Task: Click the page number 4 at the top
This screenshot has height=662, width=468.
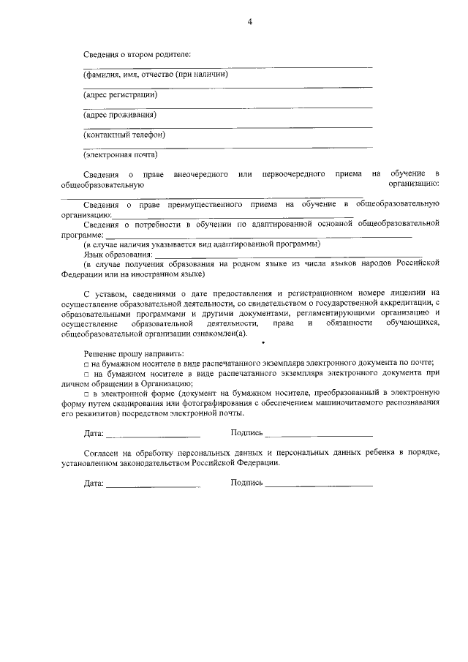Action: (x=249, y=22)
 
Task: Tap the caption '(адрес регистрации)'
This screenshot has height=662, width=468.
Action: (x=120, y=94)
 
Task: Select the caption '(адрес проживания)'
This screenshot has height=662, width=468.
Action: (x=119, y=114)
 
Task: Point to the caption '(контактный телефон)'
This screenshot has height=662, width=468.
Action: (x=124, y=135)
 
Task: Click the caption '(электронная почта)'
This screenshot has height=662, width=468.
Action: (x=121, y=154)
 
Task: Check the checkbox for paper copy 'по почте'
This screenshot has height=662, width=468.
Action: (x=86, y=364)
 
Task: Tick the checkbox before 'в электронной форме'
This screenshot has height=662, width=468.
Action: (x=86, y=393)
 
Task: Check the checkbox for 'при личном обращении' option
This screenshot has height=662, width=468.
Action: (x=86, y=373)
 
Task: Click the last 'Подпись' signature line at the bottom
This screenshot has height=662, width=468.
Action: (x=319, y=484)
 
